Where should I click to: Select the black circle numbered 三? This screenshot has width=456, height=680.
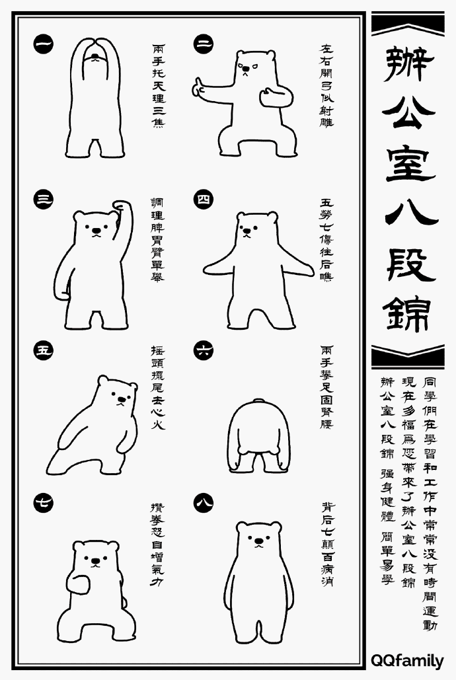click(x=44, y=199)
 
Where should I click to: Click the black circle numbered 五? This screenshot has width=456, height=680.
click(x=44, y=349)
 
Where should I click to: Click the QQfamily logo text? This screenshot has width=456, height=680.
click(x=407, y=660)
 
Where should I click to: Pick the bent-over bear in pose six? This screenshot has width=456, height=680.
click(x=258, y=436)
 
